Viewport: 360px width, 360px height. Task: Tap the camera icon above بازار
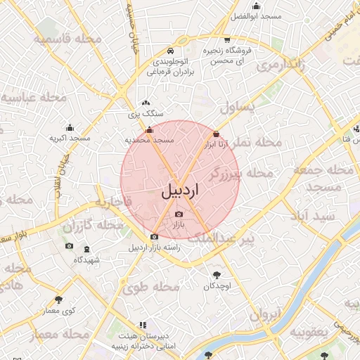(x=179, y=214)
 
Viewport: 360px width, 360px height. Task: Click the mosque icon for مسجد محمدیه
(x=148, y=130)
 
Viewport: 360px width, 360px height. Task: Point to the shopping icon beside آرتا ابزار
(x=216, y=134)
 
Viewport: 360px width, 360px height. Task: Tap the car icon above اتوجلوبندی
(x=171, y=51)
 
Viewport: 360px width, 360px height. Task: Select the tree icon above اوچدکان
(x=217, y=275)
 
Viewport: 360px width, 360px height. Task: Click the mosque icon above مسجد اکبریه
(x=70, y=127)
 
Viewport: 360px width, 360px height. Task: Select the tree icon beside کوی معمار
(x=58, y=300)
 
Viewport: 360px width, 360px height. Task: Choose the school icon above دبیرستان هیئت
(x=143, y=325)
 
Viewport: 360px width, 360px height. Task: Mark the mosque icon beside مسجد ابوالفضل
(x=257, y=6)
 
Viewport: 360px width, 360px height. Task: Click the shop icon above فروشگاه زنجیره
(x=227, y=40)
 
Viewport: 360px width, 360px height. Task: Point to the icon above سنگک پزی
(x=146, y=103)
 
